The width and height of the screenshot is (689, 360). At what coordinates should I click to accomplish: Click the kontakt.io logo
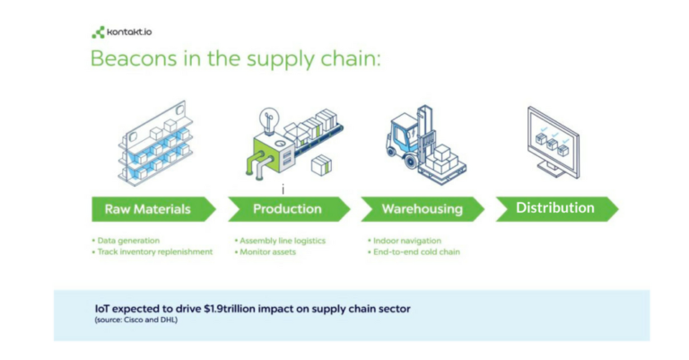tap(122, 32)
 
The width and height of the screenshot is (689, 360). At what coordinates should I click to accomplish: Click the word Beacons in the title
tap(134, 58)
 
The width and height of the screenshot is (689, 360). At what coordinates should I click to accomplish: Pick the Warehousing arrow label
tap(423, 209)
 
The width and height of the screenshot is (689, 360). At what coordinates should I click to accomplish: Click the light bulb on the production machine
tap(268, 121)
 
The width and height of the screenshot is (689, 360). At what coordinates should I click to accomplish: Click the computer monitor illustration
tap(554, 143)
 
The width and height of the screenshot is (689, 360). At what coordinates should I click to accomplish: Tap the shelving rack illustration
tap(155, 144)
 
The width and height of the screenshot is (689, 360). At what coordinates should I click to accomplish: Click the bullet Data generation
tap(126, 241)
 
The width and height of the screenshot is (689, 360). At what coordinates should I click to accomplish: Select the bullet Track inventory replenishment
tap(152, 252)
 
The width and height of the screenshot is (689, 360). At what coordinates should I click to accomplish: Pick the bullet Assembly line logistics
tap(280, 241)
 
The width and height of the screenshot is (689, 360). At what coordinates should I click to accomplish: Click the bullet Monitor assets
tap(265, 252)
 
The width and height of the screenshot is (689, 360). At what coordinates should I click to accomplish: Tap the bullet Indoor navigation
tap(405, 241)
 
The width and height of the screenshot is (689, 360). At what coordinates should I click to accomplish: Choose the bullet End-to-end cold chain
tap(414, 252)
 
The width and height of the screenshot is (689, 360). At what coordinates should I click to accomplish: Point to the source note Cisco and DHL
tap(136, 320)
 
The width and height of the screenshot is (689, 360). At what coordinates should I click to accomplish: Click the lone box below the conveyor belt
tap(322, 165)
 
